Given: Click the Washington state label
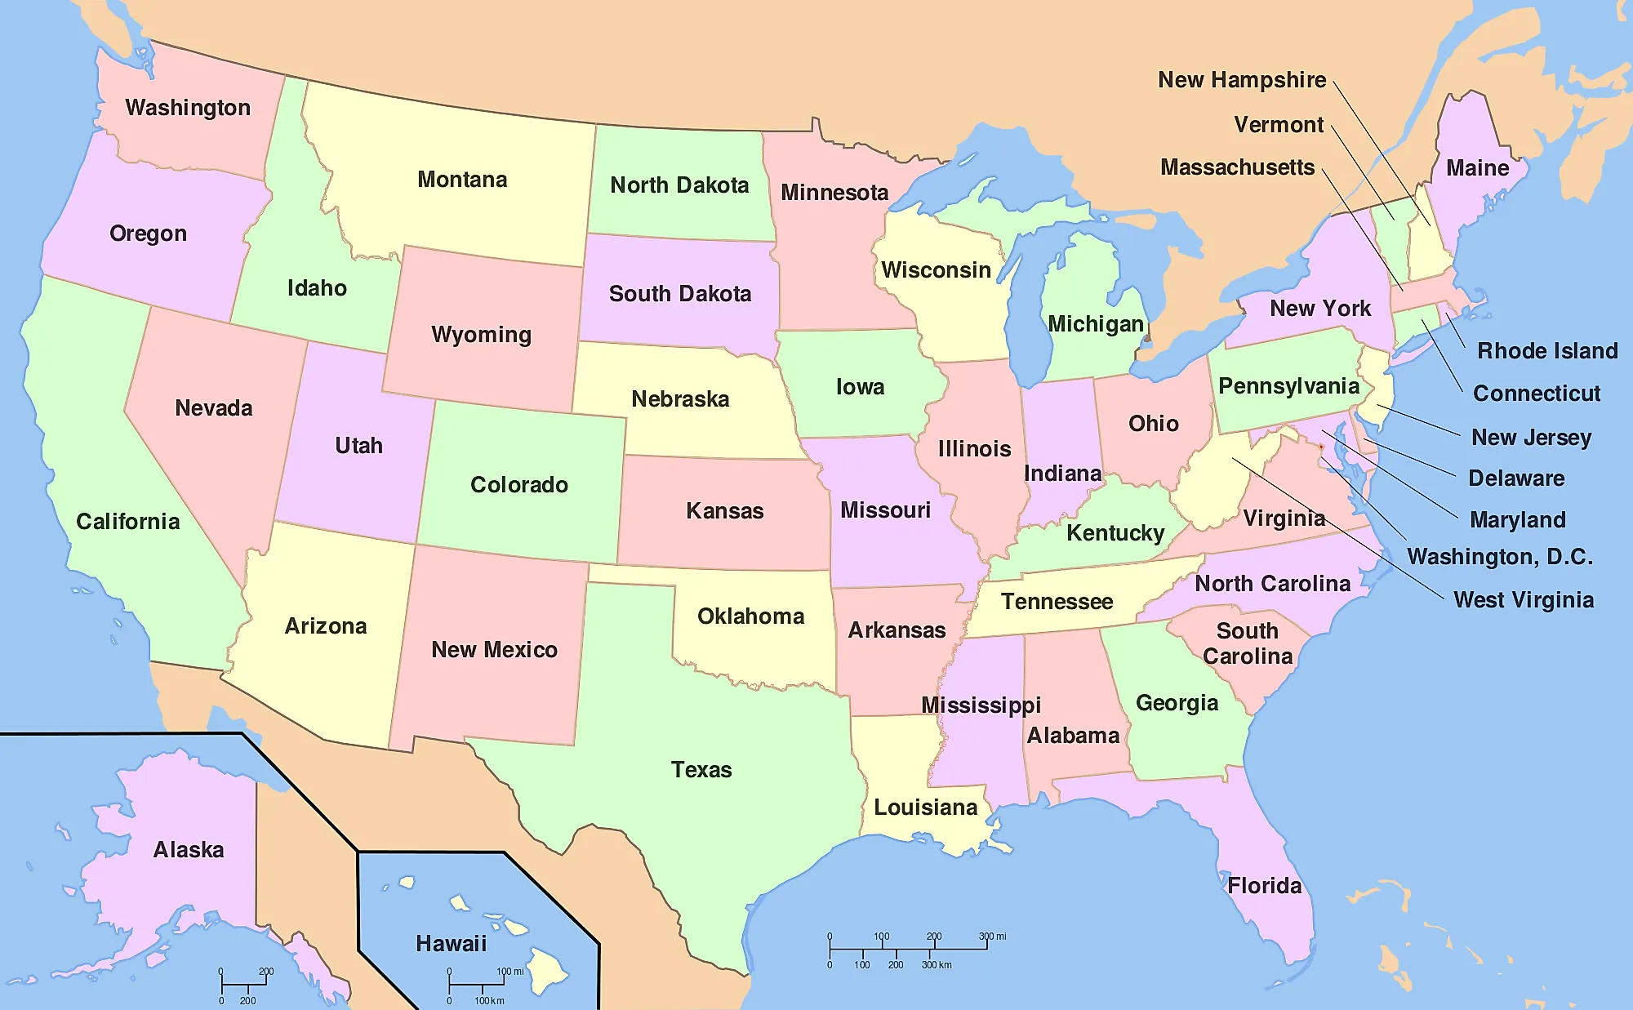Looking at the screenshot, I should (188, 108).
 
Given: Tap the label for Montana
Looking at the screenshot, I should (462, 180).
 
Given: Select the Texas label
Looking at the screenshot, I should (701, 770).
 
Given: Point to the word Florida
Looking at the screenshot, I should (1265, 886).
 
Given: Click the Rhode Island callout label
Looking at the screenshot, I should (1547, 351).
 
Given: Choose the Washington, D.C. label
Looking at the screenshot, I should (1500, 557).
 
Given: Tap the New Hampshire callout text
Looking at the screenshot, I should (1242, 80).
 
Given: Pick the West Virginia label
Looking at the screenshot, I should (1524, 600).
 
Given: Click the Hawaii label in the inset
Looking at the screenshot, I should (451, 944).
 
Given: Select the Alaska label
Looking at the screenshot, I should (189, 850).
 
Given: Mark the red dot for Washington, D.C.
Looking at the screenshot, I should (1321, 447).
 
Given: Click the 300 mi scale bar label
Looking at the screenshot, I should (993, 937).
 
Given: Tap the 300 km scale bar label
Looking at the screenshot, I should (937, 965).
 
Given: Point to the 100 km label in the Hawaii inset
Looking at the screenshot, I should (489, 1001).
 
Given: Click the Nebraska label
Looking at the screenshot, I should (680, 399).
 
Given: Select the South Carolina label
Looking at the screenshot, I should (1248, 643).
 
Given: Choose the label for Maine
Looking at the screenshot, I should (1477, 168).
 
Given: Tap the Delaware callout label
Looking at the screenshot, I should (1516, 478).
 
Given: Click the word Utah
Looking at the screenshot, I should (358, 446).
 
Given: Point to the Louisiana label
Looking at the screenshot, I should (925, 808).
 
